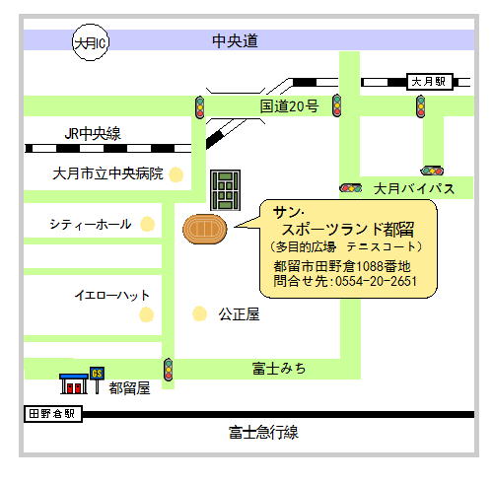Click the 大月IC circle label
click(91, 42)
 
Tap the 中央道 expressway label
click(235, 40)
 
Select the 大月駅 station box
click(430, 82)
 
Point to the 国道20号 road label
click(289, 106)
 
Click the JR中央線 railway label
click(93, 134)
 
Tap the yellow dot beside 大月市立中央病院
click(176, 174)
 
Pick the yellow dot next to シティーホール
click(147, 224)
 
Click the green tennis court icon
click(226, 190)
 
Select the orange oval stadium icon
click(205, 229)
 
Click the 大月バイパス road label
click(414, 188)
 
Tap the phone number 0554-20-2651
click(376, 281)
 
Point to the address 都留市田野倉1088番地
click(342, 266)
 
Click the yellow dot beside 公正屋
click(199, 313)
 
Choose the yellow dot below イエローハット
click(146, 314)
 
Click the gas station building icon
click(74, 383)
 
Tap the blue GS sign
click(97, 374)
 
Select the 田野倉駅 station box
click(53, 414)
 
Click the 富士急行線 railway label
click(263, 432)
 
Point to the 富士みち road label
click(279, 369)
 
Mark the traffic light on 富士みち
click(169, 370)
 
